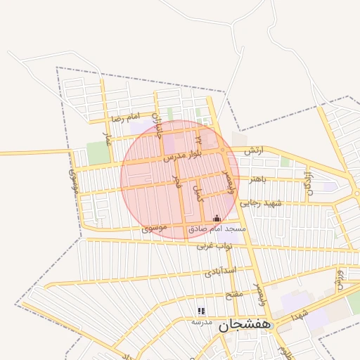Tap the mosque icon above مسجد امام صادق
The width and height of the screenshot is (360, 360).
pyautogui.click(x=216, y=219)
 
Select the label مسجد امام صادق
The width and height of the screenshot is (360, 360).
pyautogui.click(x=217, y=229)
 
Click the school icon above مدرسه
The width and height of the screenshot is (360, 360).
pyautogui.click(x=201, y=311)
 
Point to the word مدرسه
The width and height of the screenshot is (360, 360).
pyautogui.click(x=202, y=321)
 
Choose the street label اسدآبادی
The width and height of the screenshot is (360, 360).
pyautogui.click(x=220, y=271)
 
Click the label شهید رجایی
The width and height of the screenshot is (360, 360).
pyautogui.click(x=262, y=203)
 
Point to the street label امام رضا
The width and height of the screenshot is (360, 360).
pyautogui.click(x=126, y=118)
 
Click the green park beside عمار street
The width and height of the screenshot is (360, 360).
pyautogui.click(x=98, y=153)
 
